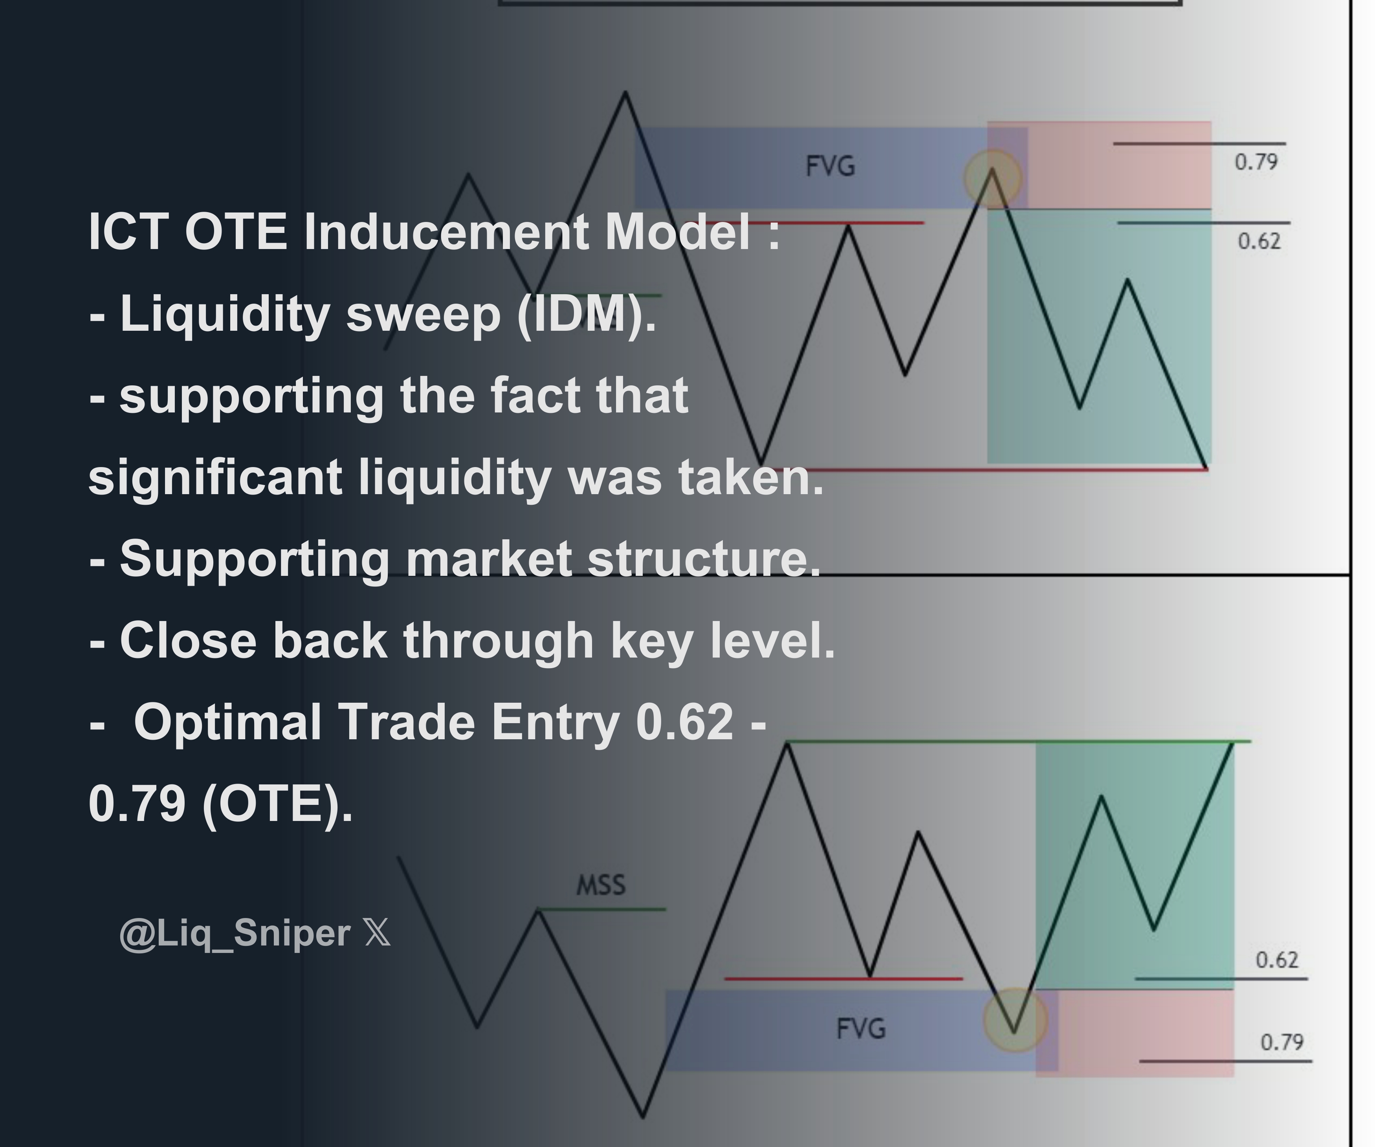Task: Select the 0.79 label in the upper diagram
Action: coord(1256,162)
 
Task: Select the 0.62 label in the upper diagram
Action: coord(1258,242)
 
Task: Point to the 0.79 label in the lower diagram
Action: coord(1281,1042)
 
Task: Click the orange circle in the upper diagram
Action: coord(993,178)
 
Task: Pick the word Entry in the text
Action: coord(555,722)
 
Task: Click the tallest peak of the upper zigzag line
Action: coord(626,93)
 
